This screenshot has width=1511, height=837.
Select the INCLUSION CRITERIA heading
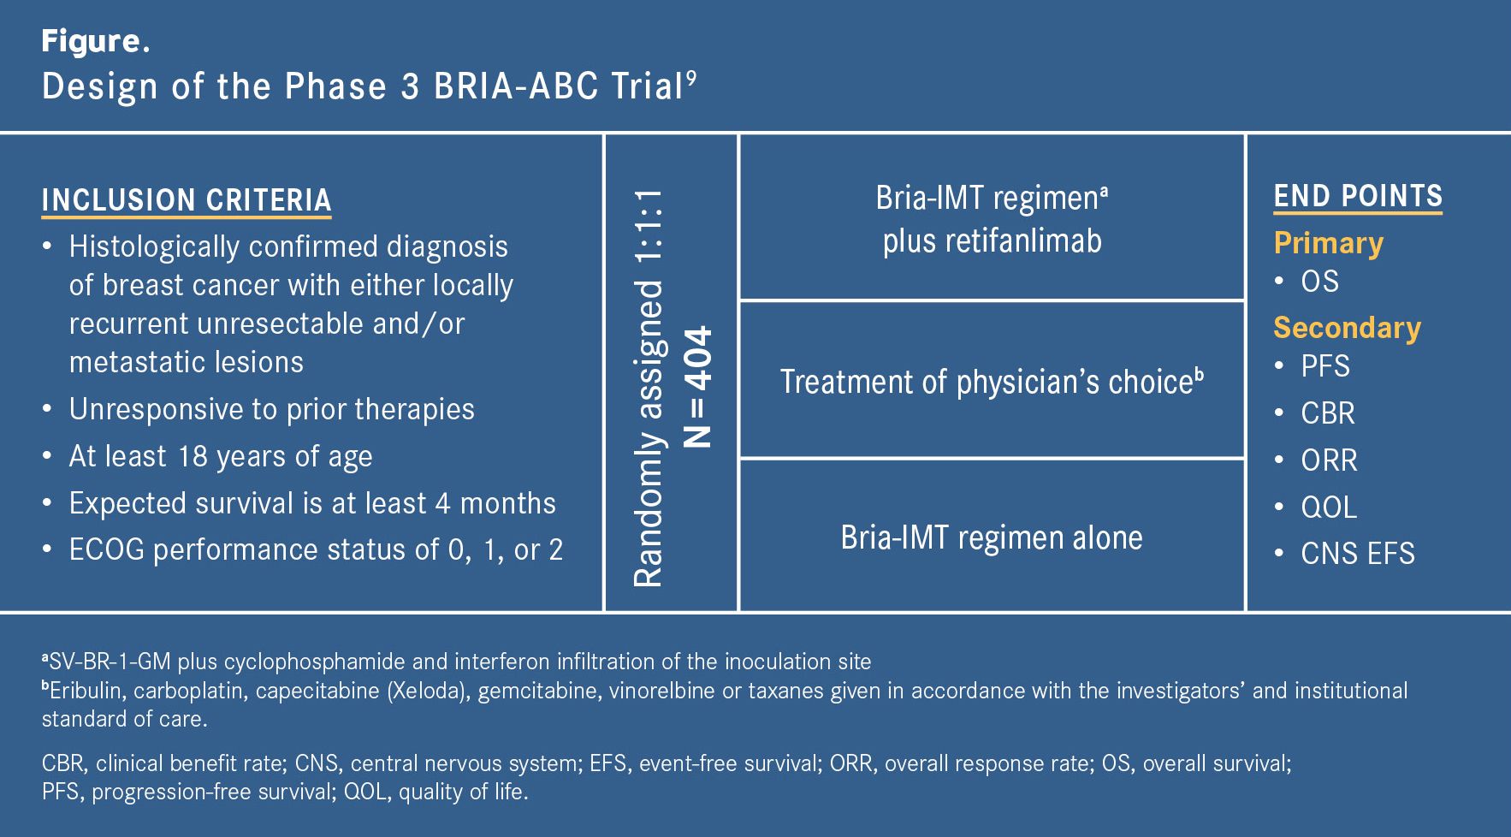187,200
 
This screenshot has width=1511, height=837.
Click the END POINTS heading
1358,197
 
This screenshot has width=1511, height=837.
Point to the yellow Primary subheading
1328,243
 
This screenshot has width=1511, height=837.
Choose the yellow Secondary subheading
1347,328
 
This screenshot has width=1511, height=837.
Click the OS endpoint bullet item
1319,282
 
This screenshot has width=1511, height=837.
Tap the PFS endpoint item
1324,366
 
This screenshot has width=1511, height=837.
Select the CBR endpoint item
1327,413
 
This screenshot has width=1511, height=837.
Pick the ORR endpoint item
1329,460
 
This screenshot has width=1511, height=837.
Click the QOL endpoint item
1328,508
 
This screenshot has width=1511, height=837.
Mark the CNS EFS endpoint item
1357,554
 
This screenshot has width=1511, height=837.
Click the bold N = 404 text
699,387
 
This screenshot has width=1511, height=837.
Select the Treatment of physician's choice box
991,381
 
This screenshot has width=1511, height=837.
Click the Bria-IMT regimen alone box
991,537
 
